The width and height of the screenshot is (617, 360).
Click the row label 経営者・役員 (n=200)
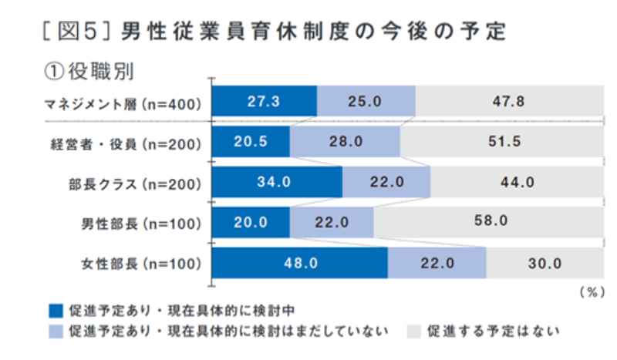click(124, 143)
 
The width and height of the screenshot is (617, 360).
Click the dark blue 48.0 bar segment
click(299, 263)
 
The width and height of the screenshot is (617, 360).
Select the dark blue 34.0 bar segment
click(275, 183)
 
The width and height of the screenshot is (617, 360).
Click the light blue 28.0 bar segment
click(345, 143)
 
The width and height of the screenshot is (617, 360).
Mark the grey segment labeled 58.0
click(487, 222)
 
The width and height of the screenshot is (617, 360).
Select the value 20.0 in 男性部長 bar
click(251, 223)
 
